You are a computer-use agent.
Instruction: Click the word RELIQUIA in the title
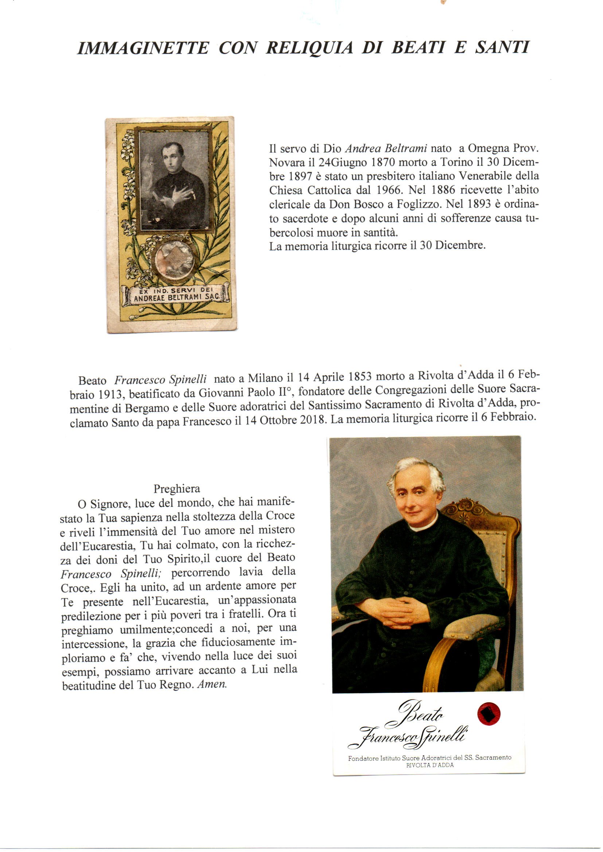309,48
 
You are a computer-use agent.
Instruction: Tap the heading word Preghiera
177,488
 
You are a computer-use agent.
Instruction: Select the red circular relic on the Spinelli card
489,714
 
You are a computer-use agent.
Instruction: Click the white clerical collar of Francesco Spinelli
424,524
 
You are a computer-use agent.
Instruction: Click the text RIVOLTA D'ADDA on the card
429,765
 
